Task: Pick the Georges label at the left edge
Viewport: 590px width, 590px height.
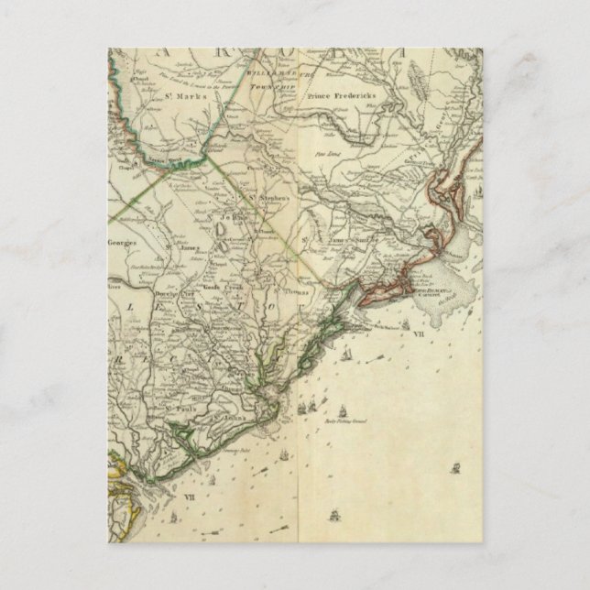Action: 122,242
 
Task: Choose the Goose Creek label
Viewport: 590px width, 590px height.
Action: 221,287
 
